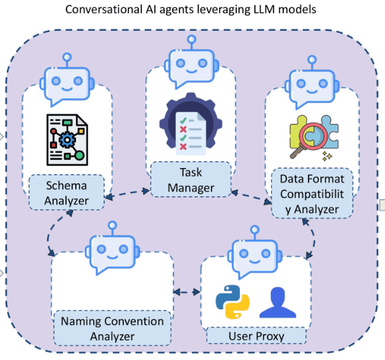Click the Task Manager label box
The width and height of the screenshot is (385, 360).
coord(191,179)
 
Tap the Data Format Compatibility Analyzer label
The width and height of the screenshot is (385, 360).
coord(313,194)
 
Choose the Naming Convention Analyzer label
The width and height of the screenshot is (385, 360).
coord(112,328)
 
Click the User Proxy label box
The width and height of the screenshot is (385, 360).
coord(256,335)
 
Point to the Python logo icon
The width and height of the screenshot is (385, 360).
coord(232,301)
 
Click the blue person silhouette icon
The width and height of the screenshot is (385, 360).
coord(276,301)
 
